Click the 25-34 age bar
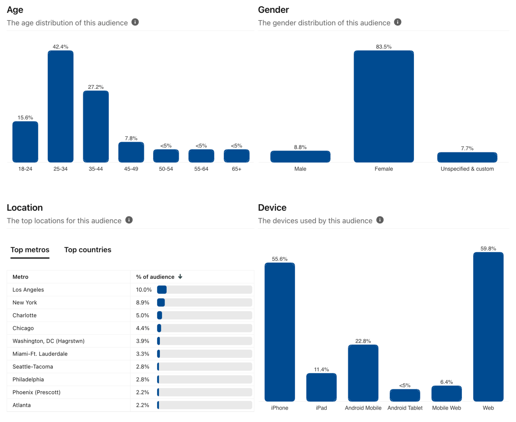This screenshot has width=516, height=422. [60, 106]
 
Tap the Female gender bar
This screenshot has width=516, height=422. [384, 106]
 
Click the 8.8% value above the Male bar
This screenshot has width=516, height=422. [300, 147]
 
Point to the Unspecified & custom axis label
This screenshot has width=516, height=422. [467, 169]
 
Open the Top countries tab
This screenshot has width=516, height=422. [88, 250]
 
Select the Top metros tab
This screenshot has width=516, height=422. [30, 250]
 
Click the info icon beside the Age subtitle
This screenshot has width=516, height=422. [135, 22]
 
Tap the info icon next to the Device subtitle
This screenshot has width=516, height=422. [380, 220]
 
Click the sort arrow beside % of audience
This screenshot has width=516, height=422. [180, 277]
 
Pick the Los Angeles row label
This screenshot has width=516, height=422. [28, 290]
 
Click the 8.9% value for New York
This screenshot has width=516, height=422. [142, 303]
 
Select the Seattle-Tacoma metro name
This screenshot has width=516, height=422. [33, 367]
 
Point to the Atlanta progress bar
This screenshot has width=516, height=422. [205, 405]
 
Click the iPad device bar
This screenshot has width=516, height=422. [321, 387]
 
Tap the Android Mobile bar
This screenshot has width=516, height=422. [363, 373]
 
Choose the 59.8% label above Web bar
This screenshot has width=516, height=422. [488, 249]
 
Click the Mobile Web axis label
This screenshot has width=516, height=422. [446, 408]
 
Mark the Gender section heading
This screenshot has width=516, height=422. [273, 10]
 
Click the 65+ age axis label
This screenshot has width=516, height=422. [236, 169]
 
